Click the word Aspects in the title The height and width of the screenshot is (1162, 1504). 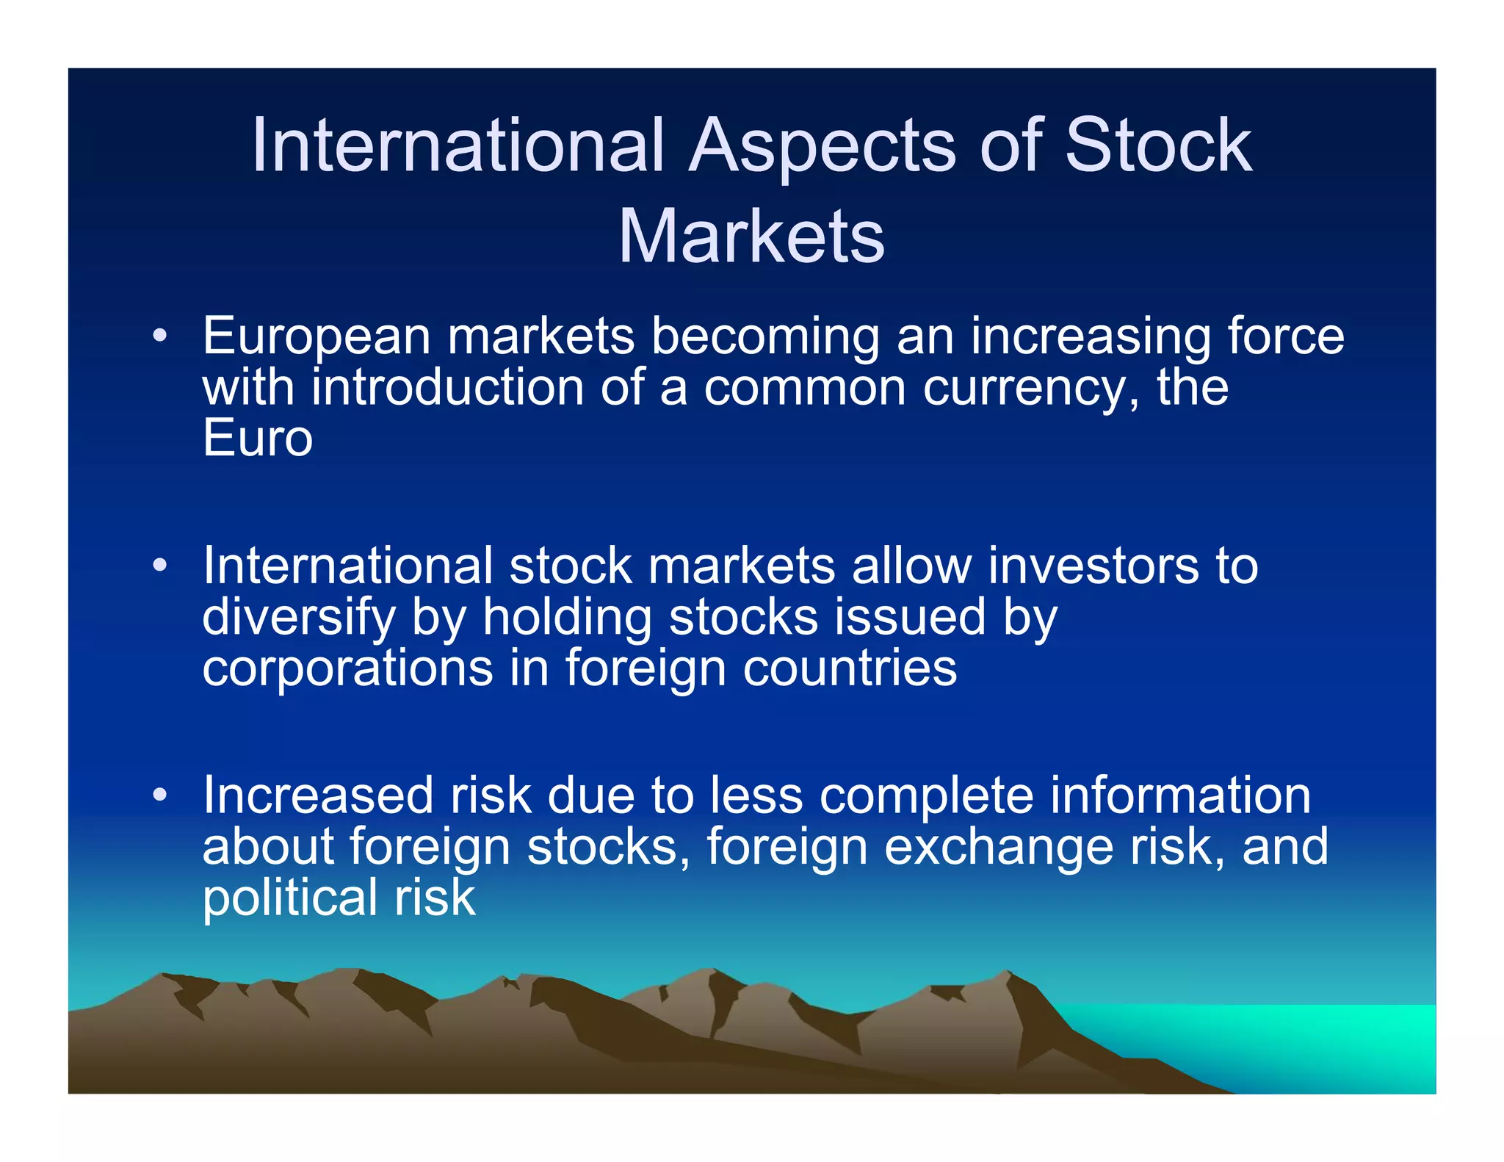(822, 147)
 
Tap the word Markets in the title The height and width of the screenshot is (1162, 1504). (751, 237)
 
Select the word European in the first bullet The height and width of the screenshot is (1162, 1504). (316, 337)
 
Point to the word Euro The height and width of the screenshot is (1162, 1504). (258, 439)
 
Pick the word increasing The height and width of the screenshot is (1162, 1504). (1090, 337)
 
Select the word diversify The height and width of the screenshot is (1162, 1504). (298, 618)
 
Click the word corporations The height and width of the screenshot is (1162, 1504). (347, 669)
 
